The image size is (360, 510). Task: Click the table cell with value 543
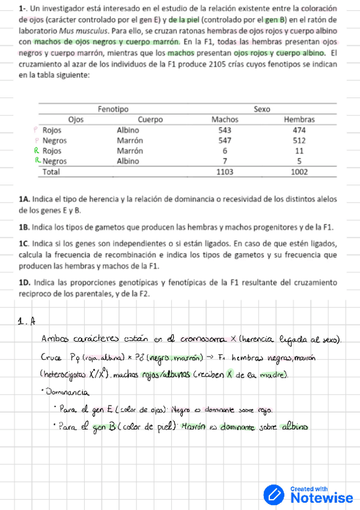[x=225, y=130]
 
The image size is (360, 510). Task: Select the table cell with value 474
[x=299, y=130]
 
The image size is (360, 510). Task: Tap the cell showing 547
[x=225, y=140]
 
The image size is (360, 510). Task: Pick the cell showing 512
[x=299, y=140]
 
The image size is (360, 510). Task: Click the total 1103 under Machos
[x=225, y=171]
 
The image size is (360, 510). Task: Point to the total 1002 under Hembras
[x=299, y=171]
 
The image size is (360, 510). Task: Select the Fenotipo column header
[x=113, y=109]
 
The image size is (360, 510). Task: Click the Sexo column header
[x=262, y=109]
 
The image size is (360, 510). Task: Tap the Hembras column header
[x=299, y=119]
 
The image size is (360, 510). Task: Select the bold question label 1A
[x=25, y=198]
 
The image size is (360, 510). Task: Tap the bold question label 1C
[x=25, y=244]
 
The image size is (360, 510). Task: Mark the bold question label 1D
[x=25, y=282]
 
